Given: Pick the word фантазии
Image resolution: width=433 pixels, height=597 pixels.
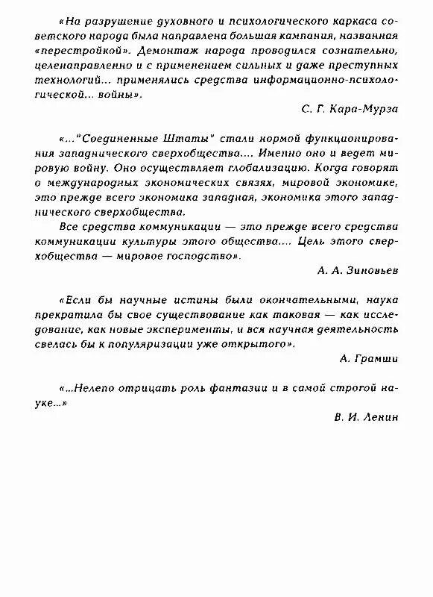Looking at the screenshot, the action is click(x=223, y=388).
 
